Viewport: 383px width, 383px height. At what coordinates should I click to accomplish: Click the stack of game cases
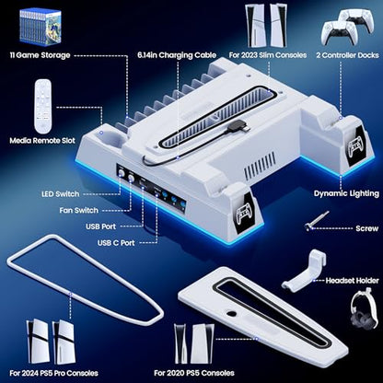(x=41, y=26)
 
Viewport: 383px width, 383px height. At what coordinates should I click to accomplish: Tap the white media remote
(x=43, y=107)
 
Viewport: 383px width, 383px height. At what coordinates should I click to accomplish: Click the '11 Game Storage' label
(x=41, y=55)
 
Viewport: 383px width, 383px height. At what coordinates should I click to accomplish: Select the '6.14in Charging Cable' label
(x=177, y=55)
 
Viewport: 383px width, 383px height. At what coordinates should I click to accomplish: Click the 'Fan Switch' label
(x=79, y=211)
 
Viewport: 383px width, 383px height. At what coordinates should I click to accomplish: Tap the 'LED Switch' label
(x=61, y=194)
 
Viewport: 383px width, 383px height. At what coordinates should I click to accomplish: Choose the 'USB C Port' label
(x=116, y=243)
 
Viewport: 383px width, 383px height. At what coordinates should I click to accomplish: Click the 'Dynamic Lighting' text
(x=346, y=193)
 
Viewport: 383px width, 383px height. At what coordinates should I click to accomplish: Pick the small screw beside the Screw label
(x=317, y=220)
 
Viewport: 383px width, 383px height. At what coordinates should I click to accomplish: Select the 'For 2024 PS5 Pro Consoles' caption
(x=54, y=374)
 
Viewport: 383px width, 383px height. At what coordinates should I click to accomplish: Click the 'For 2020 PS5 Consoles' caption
(x=194, y=374)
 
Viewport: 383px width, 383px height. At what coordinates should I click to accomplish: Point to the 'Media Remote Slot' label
(x=42, y=141)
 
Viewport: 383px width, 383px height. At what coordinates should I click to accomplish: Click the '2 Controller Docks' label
(x=348, y=55)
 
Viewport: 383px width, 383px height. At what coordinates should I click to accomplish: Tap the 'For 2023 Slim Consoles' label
(x=268, y=55)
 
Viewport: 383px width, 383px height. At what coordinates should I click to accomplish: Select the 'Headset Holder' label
(x=353, y=281)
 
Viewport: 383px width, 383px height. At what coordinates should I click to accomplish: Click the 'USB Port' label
(x=101, y=226)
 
